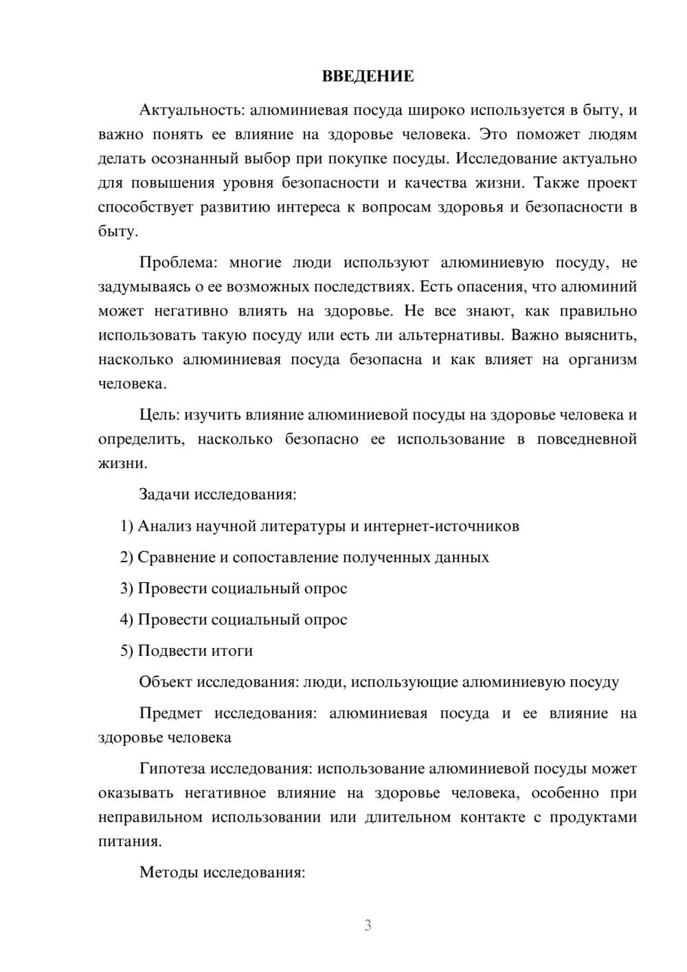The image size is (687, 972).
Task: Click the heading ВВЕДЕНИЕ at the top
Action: (368, 76)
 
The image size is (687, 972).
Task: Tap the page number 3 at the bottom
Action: (368, 925)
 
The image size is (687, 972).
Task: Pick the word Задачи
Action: (165, 494)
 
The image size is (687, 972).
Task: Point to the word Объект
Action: (166, 682)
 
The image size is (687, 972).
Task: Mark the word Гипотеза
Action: (172, 769)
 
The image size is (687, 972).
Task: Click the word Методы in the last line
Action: (167, 872)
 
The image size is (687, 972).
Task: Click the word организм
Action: (602, 360)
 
